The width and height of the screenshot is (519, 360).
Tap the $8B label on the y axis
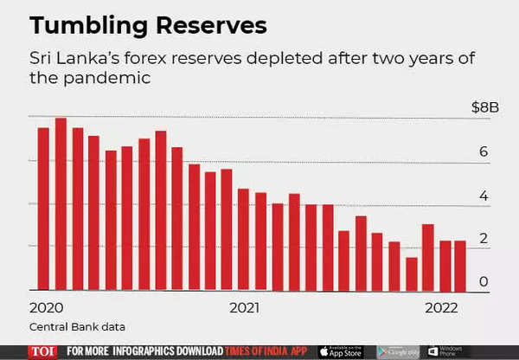(x=485, y=107)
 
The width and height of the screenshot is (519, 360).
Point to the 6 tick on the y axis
(x=484, y=152)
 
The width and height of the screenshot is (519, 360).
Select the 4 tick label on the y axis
(x=484, y=196)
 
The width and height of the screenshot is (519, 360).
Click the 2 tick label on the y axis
(x=484, y=240)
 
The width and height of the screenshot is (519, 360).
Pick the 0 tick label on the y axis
(x=484, y=282)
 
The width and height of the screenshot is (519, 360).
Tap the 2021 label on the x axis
(x=246, y=307)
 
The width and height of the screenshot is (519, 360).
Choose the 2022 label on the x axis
(x=441, y=307)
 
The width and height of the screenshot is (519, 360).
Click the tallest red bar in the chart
(x=61, y=204)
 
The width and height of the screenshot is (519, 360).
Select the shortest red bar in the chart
(x=412, y=273)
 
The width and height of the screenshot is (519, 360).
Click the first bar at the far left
(x=43, y=209)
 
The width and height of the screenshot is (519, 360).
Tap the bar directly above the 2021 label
(x=244, y=239)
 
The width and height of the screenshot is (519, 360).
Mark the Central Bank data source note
(x=77, y=326)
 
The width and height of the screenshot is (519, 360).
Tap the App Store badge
(x=344, y=351)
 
